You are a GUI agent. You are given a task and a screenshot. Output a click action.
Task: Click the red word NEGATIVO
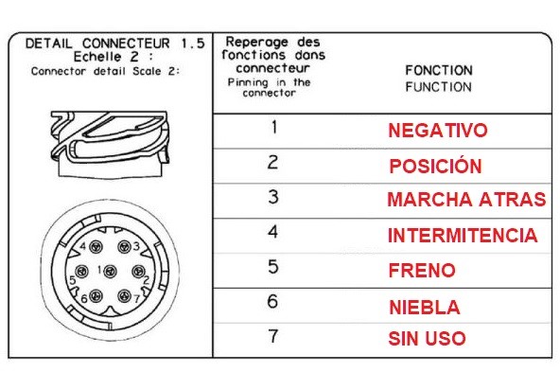[437, 130]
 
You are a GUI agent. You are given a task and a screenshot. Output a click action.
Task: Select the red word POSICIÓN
[435, 166]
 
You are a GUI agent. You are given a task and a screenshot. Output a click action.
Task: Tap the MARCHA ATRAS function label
[466, 200]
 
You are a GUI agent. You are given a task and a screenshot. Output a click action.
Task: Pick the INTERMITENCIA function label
[463, 235]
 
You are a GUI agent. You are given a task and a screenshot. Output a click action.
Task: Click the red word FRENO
[422, 270]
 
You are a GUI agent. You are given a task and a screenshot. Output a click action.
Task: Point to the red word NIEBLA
[425, 308]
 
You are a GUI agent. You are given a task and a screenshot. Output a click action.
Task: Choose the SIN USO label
[427, 339]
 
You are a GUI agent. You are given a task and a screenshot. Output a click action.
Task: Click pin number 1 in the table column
[274, 127]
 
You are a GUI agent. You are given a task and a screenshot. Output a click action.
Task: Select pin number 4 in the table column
[272, 232]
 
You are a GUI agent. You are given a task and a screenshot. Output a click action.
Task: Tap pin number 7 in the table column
[273, 336]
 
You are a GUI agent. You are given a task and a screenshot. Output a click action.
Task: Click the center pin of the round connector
[110, 272]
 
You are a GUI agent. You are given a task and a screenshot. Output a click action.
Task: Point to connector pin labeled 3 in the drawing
[124, 246]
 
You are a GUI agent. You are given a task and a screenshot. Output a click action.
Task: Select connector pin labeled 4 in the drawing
[96, 246]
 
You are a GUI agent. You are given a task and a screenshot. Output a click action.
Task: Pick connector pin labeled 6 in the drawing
[96, 296]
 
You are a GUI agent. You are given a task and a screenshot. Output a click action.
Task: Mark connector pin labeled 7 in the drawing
[124, 296]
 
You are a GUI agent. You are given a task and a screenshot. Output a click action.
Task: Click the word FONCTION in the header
[439, 70]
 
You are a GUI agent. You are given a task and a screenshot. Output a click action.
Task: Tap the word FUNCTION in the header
[438, 87]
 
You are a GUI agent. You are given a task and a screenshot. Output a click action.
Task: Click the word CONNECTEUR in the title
[126, 44]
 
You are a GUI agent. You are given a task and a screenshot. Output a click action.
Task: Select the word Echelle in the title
[97, 57]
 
